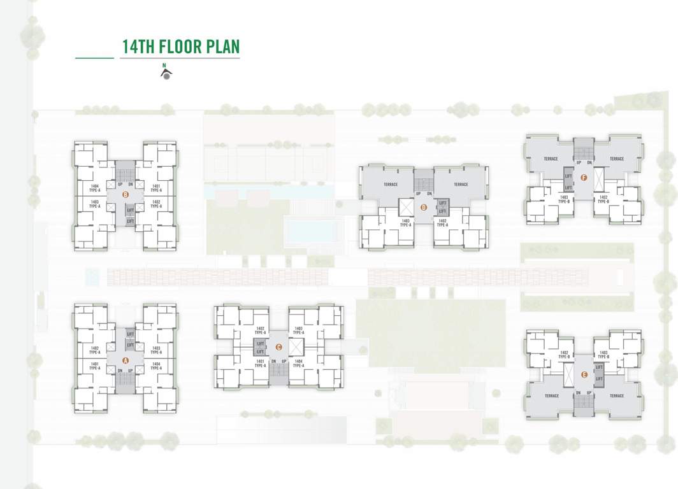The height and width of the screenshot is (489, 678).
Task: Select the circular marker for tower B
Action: point(126,195)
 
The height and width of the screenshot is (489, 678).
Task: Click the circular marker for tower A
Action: point(126,360)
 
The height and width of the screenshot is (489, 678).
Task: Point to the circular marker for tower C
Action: point(278,347)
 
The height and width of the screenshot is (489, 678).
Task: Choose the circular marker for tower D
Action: point(423,206)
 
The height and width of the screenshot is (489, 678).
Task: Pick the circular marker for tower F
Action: point(584,178)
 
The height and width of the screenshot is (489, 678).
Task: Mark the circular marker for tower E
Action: point(584,375)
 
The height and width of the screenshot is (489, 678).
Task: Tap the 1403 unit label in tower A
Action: point(156,350)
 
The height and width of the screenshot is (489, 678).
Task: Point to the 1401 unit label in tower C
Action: point(260,363)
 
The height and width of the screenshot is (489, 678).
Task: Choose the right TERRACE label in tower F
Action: point(616,159)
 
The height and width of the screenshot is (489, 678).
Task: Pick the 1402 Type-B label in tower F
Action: point(603,199)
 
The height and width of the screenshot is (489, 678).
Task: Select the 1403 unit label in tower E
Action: point(603,355)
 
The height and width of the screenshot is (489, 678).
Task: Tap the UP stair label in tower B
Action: point(120,185)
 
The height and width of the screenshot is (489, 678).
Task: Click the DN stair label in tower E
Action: point(579,393)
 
